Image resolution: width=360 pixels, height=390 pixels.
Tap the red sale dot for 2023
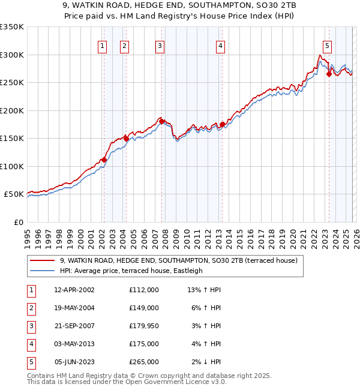[x=329, y=74]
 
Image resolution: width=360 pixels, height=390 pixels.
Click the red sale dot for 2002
[x=104, y=160]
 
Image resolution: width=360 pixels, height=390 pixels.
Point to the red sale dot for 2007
[x=162, y=122]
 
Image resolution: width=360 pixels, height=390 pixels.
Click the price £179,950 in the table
[x=143, y=326]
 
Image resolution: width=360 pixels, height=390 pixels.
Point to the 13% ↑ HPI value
[x=204, y=290]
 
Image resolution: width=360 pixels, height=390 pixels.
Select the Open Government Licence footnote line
[x=127, y=382]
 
